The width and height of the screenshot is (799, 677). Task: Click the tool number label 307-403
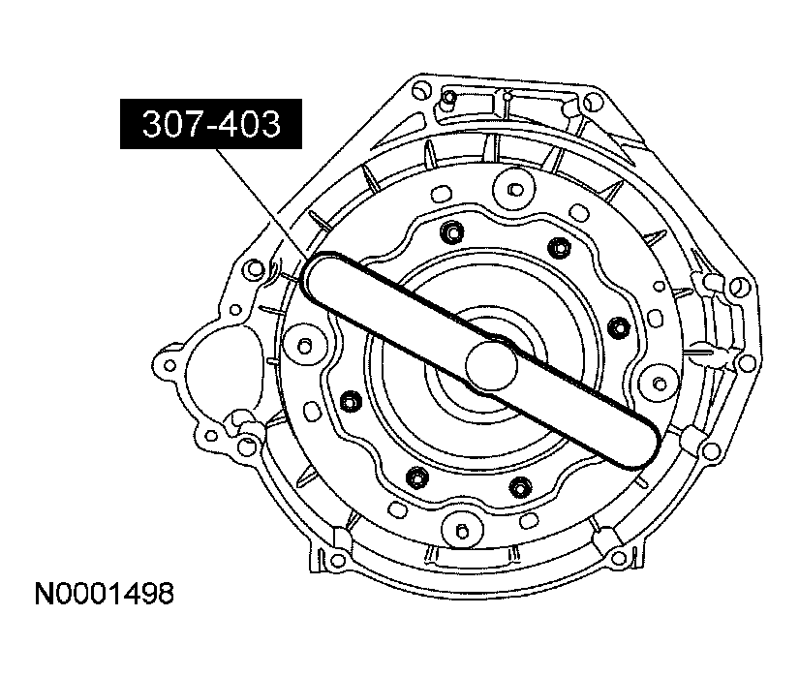point(211,124)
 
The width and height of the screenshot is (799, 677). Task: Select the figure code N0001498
point(104,594)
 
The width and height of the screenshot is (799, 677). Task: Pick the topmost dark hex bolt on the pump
point(451,232)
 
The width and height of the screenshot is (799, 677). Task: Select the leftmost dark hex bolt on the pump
point(350,401)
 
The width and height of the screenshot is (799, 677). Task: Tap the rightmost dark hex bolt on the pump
point(619,326)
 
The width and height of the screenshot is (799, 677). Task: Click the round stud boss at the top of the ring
point(515,190)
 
